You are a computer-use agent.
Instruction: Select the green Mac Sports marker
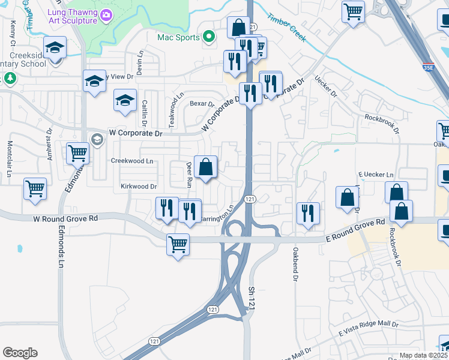208,37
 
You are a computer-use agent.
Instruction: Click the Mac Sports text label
178,37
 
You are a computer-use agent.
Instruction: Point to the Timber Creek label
286,28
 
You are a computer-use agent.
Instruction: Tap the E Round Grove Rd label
355,230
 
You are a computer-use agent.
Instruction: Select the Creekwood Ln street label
132,161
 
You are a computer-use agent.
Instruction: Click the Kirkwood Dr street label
139,187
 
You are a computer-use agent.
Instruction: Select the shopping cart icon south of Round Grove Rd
178,244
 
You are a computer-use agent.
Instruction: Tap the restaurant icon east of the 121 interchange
308,212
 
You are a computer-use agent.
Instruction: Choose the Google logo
20,353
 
